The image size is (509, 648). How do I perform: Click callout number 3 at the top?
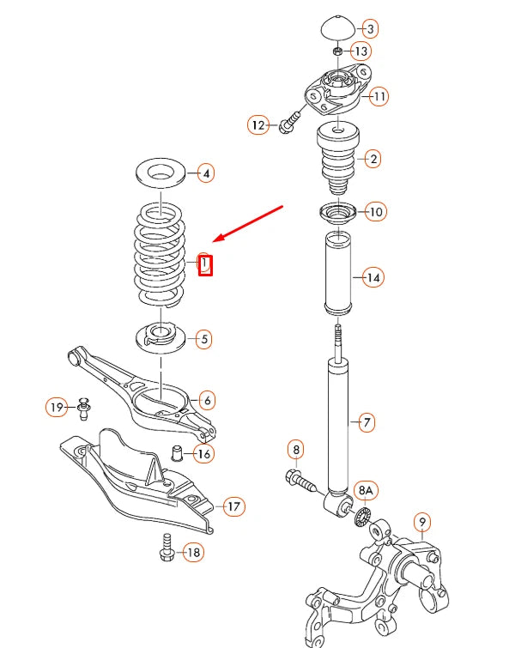pos(370,29)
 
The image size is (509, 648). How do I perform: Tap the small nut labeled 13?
pos(338,52)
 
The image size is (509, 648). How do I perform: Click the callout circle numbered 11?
pos(379,95)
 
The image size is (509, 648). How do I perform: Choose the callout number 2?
pos(372,158)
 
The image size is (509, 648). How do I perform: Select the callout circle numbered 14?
pos(372,277)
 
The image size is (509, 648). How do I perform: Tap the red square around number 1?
pos(204,264)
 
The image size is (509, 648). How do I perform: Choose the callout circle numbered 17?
pos(233,506)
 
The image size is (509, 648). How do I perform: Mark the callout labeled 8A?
pos(366,491)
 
